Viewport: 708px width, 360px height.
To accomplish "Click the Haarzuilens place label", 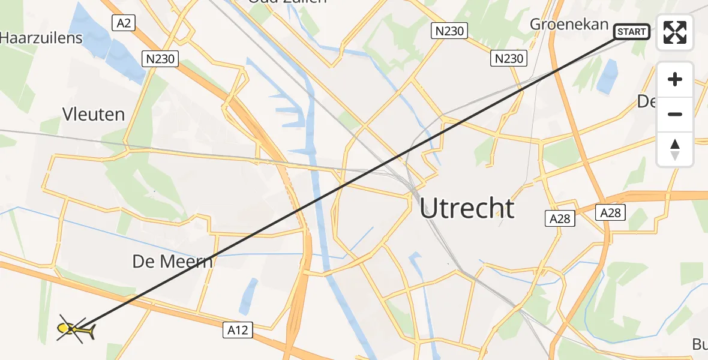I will (41, 38).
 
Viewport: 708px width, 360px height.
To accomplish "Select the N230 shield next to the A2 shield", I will (160, 59).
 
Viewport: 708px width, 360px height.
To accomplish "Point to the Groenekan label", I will (569, 25).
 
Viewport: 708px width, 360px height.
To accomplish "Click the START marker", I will (631, 31).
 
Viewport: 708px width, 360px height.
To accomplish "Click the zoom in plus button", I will (675, 79).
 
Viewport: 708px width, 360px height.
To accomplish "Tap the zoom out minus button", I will (675, 114).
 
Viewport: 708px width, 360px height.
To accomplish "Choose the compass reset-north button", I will (675, 149).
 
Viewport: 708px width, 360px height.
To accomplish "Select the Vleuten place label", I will (94, 114).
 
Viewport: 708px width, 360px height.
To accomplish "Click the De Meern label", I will (173, 262).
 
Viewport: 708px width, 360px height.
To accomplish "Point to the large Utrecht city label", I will (467, 208).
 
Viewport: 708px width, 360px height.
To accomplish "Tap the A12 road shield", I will (239, 329).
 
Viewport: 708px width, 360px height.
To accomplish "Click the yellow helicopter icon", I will (75, 329).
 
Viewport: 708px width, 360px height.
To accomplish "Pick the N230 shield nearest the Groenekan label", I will (509, 58).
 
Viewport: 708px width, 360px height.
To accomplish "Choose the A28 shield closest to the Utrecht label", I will (561, 218).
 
